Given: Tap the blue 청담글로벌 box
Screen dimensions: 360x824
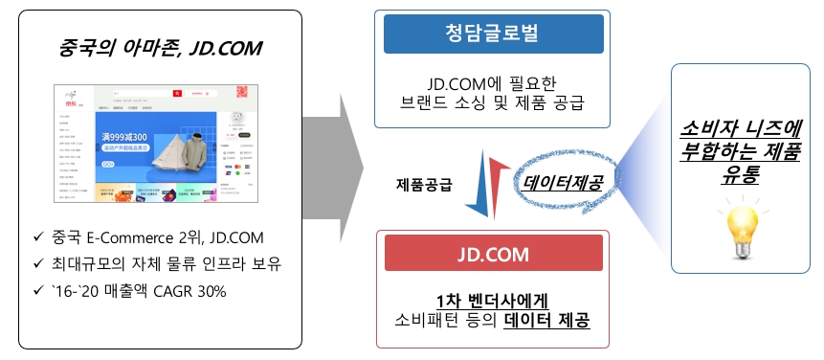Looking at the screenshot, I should [492, 34].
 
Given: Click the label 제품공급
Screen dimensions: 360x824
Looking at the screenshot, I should [424, 183].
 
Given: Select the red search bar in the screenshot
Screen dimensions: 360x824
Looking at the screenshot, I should [145, 94].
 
